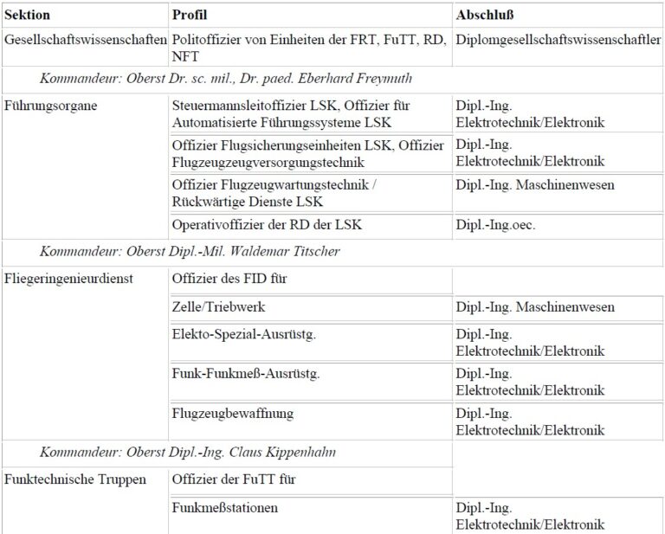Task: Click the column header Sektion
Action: pyautogui.click(x=28, y=16)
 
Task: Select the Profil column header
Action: pyautogui.click(x=190, y=16)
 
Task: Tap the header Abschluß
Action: pyautogui.click(x=486, y=16)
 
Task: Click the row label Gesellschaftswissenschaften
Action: pyautogui.click(x=85, y=40)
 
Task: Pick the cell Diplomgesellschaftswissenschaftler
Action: pyautogui.click(x=558, y=40)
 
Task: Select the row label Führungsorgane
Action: pyautogui.click(x=50, y=105)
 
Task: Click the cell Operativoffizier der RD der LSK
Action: pyautogui.click(x=266, y=225)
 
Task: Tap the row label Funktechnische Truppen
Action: pyautogui.click(x=74, y=479)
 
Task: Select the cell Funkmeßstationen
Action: pyautogui.click(x=225, y=507)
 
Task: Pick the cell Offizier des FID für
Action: pyautogui.click(x=229, y=279)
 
